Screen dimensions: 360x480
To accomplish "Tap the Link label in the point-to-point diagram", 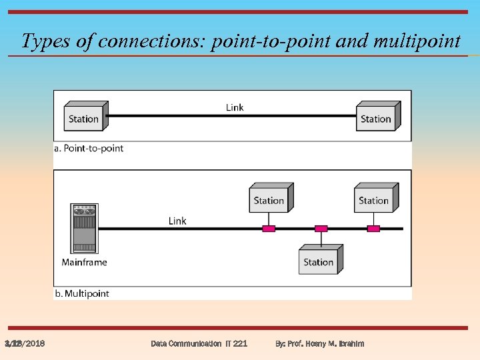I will tap(235, 107).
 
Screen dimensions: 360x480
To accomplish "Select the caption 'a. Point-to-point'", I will tap(89, 148).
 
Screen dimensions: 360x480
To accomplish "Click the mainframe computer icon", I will tap(84, 228).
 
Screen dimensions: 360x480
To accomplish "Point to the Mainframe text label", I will tap(84, 262).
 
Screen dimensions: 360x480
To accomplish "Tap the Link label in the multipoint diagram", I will tap(177, 221).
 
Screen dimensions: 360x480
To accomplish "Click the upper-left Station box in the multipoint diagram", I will tap(269, 199).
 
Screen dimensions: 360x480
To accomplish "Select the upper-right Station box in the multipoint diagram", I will tap(374, 199).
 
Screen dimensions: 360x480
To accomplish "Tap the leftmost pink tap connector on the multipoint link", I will tap(269, 229).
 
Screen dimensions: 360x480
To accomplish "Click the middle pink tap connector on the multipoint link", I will tap(321, 229).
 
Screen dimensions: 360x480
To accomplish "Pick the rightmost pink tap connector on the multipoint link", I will tap(373, 229).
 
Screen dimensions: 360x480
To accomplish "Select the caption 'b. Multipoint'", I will tap(81, 293).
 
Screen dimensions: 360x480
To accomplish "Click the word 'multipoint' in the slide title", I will tap(417, 41).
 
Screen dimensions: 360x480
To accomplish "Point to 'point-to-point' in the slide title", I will tap(269, 41).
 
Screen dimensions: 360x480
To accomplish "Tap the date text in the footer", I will tap(25, 343).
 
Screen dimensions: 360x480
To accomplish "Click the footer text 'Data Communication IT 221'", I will tap(199, 343).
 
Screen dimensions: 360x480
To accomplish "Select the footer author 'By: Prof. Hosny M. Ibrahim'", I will tap(319, 343).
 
